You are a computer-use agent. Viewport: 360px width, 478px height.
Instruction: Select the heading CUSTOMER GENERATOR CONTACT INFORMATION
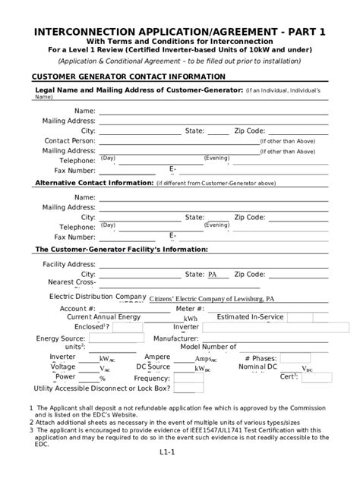pyautogui.click(x=128, y=77)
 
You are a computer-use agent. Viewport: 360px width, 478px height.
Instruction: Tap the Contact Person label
pyautogui.click(x=70, y=140)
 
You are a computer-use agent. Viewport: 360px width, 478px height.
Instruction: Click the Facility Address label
pyautogui.click(x=68, y=264)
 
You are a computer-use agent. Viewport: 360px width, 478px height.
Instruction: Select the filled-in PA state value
pyautogui.click(x=213, y=275)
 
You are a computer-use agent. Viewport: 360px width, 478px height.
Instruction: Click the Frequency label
pyautogui.click(x=152, y=378)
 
